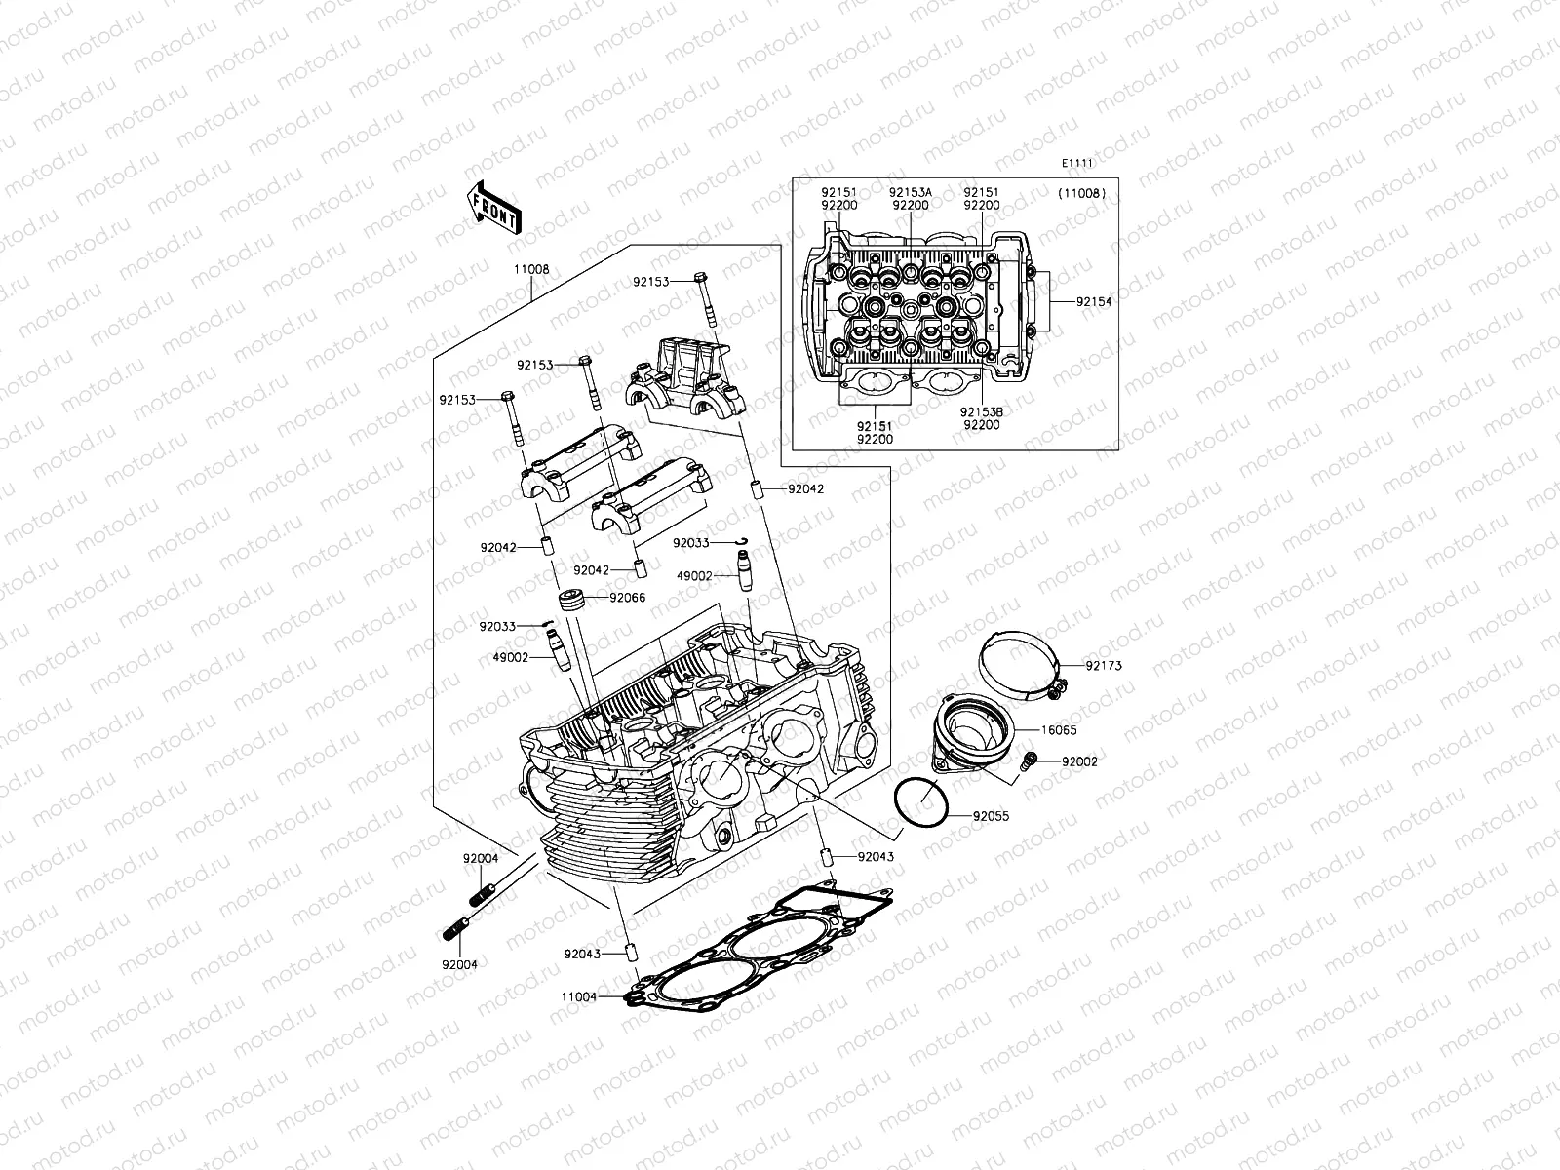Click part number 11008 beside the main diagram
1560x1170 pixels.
pos(532,270)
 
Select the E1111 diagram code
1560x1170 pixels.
pos(1078,165)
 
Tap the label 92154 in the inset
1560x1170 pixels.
pos(1094,302)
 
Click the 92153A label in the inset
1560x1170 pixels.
pos(911,193)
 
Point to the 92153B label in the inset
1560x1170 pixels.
pos(981,412)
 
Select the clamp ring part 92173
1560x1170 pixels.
pos(1019,663)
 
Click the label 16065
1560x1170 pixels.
pos(1058,729)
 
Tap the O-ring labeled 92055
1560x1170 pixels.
pos(920,805)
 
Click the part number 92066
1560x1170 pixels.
pos(628,598)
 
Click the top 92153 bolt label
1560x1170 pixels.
pos(651,282)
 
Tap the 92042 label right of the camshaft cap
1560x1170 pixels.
pos(805,489)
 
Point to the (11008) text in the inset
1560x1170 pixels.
pos(1080,193)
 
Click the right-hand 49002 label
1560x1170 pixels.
pos(694,576)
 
